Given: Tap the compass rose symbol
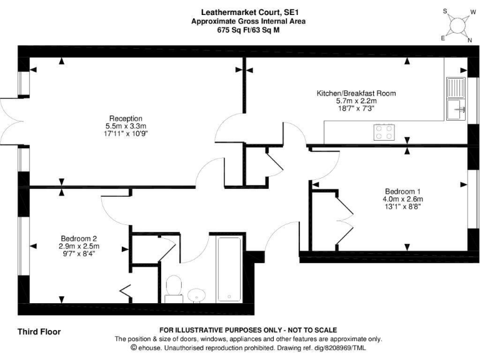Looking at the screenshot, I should pos(459,26).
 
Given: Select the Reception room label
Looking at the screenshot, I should pos(126,118).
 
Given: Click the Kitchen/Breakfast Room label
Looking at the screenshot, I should pos(356,93).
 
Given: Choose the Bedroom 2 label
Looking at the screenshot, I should pos(79,238).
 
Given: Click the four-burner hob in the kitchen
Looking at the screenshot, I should pos(384,131).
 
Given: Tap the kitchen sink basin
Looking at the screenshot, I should pos(456,109).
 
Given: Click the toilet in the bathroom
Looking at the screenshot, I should pos(174,287).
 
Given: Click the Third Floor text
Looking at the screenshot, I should pos(39,331).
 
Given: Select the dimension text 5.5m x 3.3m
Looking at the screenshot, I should pos(126,126).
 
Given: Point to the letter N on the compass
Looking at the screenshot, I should pos(469,39).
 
